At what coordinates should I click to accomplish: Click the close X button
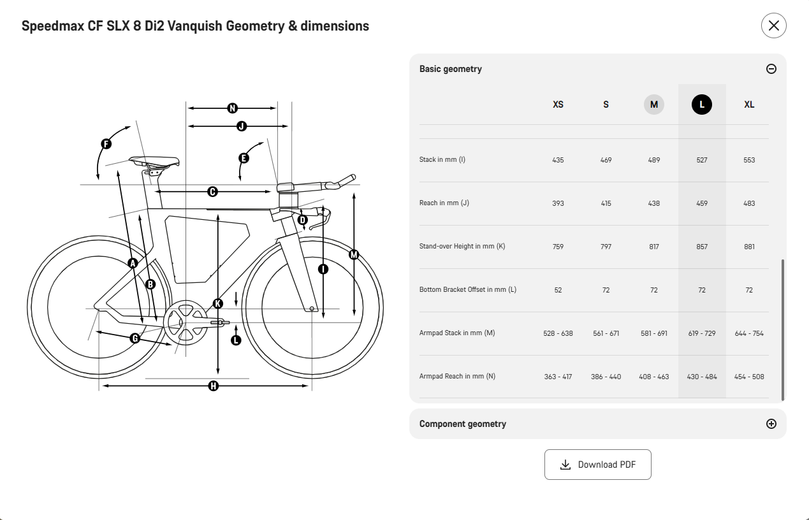(773, 25)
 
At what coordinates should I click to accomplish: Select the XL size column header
(749, 105)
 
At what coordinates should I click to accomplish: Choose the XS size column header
(558, 105)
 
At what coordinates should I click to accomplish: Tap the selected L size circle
(702, 105)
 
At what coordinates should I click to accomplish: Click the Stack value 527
(702, 160)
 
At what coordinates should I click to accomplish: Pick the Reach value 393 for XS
(558, 203)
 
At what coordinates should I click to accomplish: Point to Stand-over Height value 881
(749, 247)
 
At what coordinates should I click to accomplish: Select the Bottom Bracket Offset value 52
(558, 290)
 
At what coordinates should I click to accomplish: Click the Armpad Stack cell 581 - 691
(653, 333)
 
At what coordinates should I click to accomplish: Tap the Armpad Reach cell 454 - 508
(749, 377)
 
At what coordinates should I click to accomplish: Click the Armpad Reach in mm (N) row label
(457, 376)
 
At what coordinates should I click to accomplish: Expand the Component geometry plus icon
(771, 424)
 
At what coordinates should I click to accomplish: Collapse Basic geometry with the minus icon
(771, 69)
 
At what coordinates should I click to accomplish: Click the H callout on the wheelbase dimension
(214, 386)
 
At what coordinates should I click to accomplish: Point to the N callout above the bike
(233, 108)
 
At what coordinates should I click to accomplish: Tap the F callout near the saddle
(106, 144)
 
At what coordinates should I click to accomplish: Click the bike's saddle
(154, 161)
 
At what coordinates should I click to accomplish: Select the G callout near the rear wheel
(135, 338)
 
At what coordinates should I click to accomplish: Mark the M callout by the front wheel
(354, 255)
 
